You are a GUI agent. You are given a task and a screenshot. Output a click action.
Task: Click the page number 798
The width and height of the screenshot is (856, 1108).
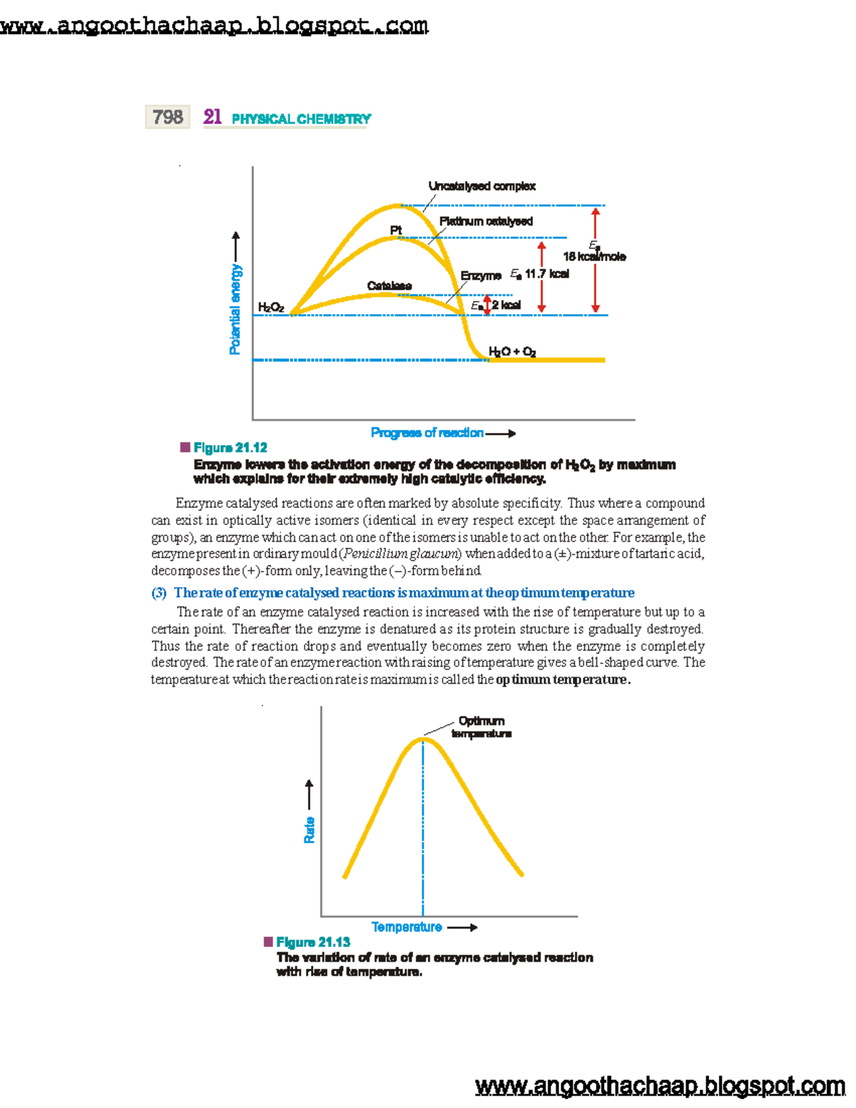(168, 117)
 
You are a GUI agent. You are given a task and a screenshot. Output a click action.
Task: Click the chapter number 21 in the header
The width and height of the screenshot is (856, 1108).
(212, 117)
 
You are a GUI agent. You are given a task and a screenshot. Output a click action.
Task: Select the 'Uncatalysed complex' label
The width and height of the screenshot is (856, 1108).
(481, 186)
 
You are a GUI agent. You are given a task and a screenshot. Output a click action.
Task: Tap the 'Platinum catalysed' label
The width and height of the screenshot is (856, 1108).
(486, 221)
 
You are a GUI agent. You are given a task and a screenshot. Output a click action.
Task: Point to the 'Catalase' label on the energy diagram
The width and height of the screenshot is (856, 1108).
(389, 286)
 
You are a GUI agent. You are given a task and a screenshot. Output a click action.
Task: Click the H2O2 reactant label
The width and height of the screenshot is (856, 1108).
(271, 308)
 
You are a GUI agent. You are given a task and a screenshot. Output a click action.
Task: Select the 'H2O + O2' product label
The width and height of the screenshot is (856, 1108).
(512, 352)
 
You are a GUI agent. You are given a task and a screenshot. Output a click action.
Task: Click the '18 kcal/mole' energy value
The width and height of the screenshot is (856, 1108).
(594, 257)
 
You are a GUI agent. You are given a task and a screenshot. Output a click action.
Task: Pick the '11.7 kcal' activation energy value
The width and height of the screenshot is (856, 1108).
(547, 274)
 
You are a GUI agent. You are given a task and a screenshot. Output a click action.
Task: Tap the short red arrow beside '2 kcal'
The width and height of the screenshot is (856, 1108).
(487, 305)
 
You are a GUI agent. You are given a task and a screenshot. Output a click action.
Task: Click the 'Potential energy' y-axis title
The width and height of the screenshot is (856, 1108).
(235, 309)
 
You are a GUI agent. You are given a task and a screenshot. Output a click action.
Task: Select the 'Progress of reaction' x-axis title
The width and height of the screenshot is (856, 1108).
(427, 433)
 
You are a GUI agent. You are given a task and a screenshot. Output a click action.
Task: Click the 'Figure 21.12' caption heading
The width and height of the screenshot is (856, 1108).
(230, 448)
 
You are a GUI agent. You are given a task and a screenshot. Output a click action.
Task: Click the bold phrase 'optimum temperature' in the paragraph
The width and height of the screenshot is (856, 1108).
(562, 680)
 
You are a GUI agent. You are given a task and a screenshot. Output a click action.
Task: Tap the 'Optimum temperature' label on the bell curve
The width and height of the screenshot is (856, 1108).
(481, 727)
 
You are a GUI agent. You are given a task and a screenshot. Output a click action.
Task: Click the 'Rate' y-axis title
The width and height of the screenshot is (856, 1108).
(310, 830)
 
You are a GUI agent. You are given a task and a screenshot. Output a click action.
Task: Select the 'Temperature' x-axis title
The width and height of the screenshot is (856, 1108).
(407, 927)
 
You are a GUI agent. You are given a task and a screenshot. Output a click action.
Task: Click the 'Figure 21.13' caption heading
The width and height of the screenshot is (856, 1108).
(312, 942)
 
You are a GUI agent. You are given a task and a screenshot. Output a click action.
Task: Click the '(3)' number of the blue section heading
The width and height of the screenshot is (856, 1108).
(159, 593)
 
